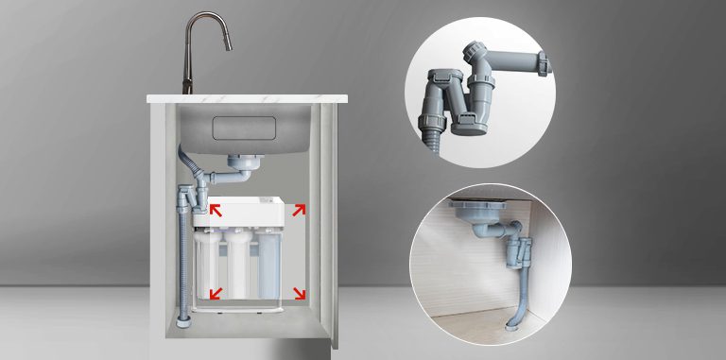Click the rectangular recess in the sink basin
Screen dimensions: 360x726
click(249, 128)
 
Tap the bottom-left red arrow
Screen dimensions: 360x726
click(215, 293)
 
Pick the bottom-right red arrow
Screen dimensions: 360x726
click(300, 293)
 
